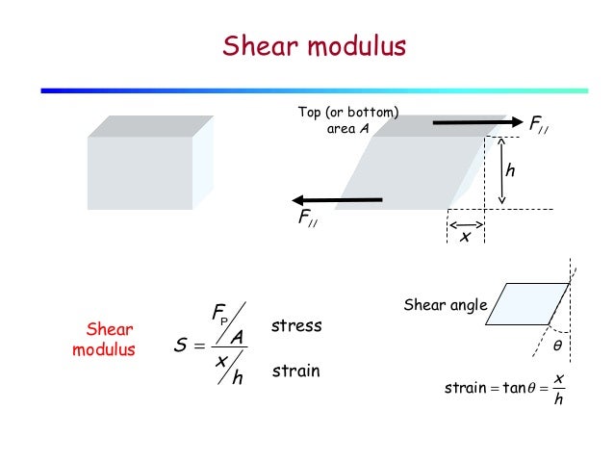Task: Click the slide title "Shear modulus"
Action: pyautogui.click(x=314, y=45)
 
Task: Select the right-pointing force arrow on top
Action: pyautogui.click(x=475, y=123)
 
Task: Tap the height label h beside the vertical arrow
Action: pyautogui.click(x=511, y=170)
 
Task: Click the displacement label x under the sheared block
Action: pyautogui.click(x=465, y=237)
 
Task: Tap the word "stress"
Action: pyautogui.click(x=296, y=326)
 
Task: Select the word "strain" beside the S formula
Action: pyautogui.click(x=295, y=370)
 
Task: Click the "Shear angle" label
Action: pyautogui.click(x=446, y=306)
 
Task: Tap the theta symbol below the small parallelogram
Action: pyautogui.click(x=555, y=344)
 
